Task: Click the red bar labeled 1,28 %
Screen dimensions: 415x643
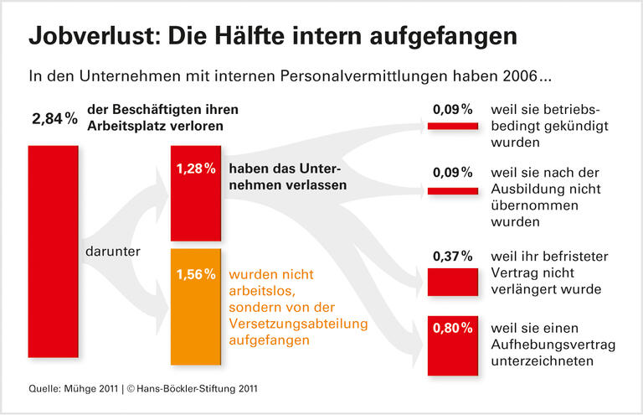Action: tap(196, 193)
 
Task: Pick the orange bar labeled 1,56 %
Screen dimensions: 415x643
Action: tap(196, 307)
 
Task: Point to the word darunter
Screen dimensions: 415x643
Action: tap(113, 251)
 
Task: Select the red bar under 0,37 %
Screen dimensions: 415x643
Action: tap(452, 281)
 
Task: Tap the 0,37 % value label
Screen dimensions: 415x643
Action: tap(452, 256)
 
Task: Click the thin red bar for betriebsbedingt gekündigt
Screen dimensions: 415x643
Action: tap(452, 126)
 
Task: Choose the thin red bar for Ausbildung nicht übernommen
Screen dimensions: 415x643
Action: tap(452, 191)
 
